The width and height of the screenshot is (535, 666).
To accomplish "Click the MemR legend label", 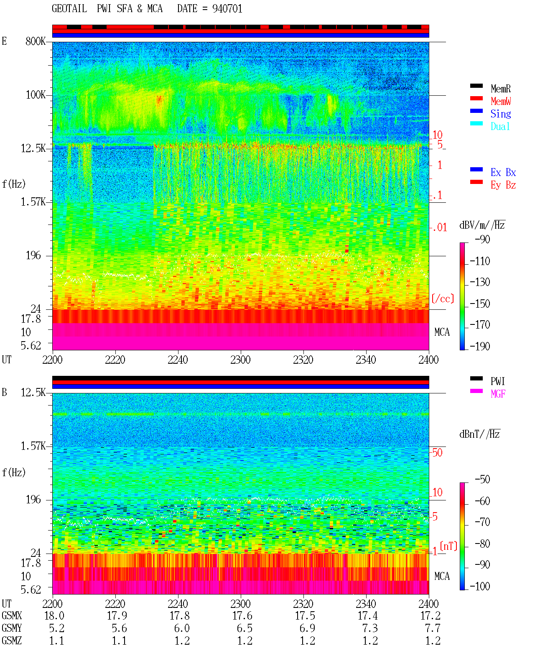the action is point(500,89).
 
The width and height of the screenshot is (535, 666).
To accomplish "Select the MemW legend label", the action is point(501,101).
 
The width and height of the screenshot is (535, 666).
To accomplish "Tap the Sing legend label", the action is point(500,114).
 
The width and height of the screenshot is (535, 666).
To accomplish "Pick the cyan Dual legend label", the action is point(500,126).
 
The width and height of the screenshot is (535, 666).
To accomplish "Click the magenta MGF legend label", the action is point(498,394).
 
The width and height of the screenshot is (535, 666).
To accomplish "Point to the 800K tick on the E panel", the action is point(36,41).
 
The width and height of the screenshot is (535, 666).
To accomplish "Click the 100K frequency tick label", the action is point(36,95).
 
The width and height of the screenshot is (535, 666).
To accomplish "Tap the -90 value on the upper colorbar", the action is point(482,239).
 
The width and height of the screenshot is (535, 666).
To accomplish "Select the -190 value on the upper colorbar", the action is point(480,346).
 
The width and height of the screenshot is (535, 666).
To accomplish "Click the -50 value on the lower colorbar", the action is point(482,480).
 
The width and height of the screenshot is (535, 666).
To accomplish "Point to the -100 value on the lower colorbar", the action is point(480,586).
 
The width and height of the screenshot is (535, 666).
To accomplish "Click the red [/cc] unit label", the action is point(443,299).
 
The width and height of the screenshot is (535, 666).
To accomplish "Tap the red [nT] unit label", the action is point(448,546).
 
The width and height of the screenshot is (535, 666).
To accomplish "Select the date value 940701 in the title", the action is point(227,9).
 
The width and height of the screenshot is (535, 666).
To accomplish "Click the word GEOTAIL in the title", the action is point(69,9).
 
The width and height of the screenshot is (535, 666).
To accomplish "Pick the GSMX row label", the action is point(12,615).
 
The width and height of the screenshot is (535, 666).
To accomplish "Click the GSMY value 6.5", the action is point(245,628).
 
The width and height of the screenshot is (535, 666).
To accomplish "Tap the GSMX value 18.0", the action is point(54,615).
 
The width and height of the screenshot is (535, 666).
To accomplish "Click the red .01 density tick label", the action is point(440,227).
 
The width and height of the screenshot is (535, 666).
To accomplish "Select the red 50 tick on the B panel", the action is point(437,452).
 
